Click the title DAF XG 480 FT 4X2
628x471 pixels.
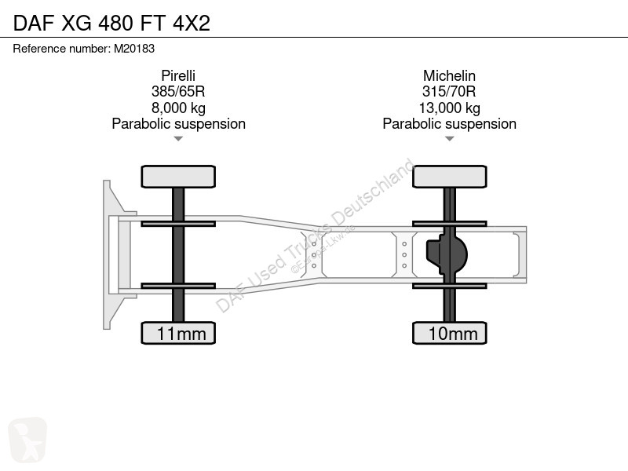coord(111,23)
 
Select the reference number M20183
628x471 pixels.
coord(134,49)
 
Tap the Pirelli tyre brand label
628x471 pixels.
coord(178,75)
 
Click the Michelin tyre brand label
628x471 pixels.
coord(449,75)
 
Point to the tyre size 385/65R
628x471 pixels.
coord(178,91)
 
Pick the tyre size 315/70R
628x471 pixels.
coord(449,91)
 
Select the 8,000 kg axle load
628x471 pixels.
coord(178,108)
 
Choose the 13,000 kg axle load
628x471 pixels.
coord(449,108)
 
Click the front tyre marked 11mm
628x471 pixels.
coord(178,333)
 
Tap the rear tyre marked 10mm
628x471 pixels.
coord(450,333)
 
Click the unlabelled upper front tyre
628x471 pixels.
coord(178,177)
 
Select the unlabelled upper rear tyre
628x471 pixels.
coord(450,177)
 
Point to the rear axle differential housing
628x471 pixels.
coord(447,254)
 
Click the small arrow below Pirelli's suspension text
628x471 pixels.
coord(178,139)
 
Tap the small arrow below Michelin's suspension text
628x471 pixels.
coord(449,139)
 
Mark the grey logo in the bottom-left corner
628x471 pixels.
coord(27,439)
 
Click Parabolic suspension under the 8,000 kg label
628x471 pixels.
coord(179,124)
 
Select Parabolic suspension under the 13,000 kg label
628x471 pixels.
coord(449,124)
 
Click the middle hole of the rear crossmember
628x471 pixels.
coord(404,254)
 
